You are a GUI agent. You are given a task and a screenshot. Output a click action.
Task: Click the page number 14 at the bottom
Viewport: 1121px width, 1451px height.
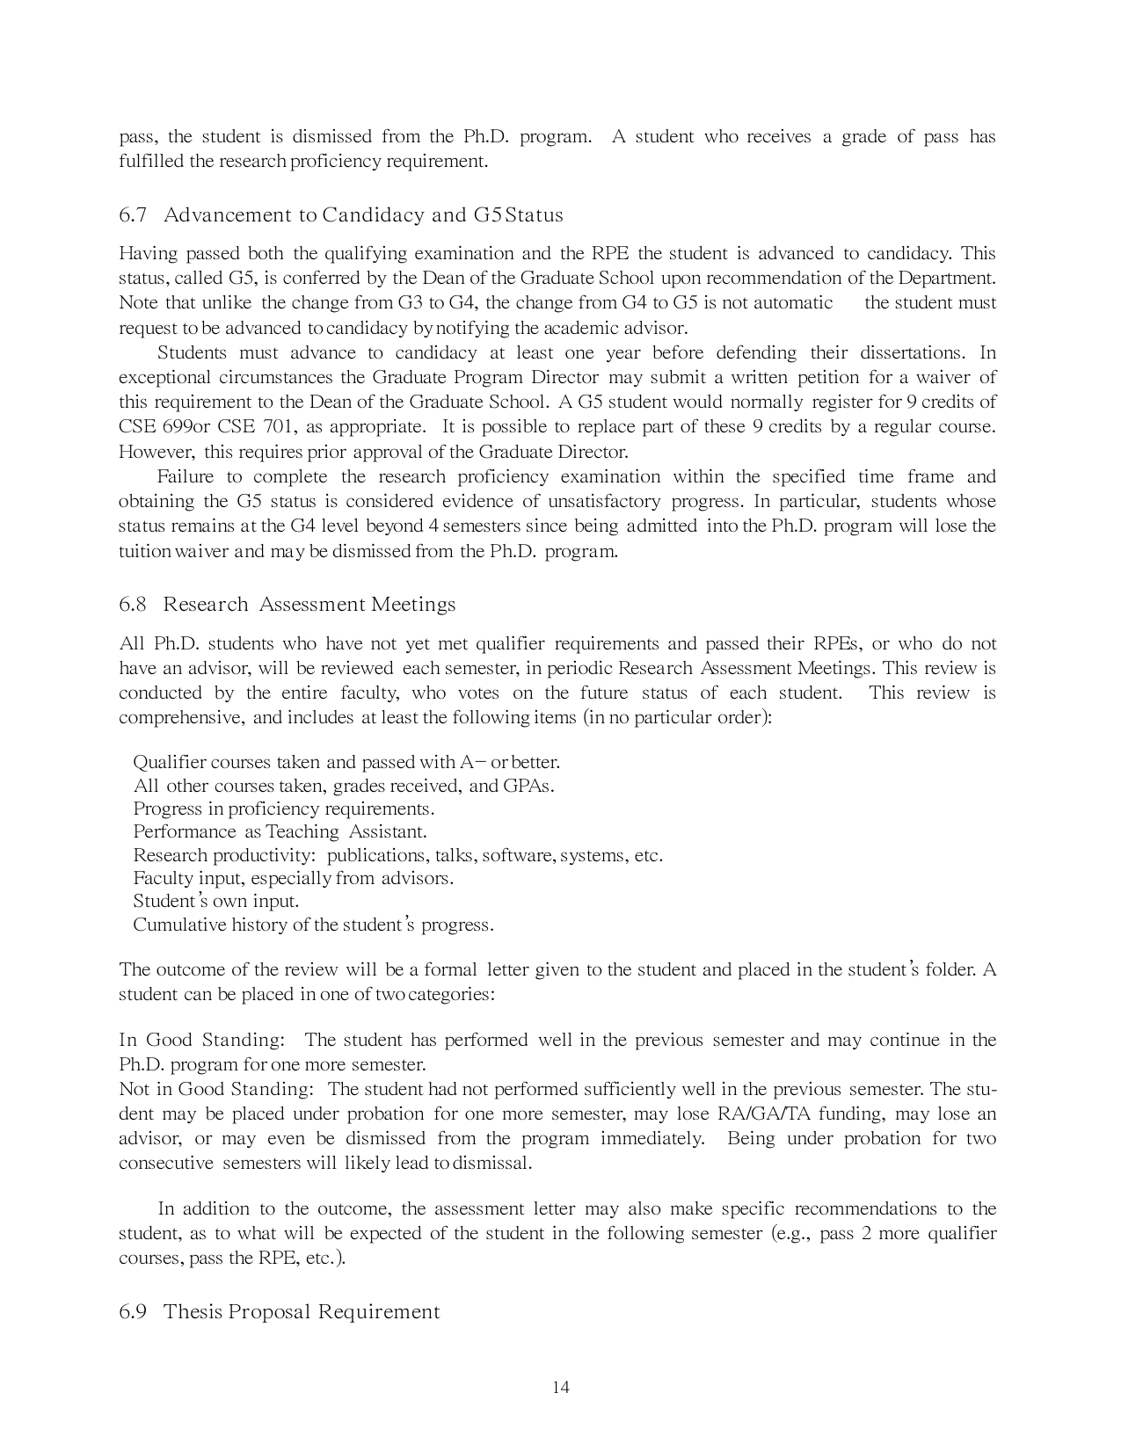point(560,1388)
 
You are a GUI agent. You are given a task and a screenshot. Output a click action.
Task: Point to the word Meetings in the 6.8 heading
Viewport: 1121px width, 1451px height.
point(413,605)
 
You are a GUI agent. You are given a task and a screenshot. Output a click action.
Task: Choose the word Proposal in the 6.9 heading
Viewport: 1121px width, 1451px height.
point(270,1312)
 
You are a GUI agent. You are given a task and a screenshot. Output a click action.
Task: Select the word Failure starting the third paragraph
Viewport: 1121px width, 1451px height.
point(185,477)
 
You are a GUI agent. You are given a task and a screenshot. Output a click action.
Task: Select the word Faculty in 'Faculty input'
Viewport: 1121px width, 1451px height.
point(157,878)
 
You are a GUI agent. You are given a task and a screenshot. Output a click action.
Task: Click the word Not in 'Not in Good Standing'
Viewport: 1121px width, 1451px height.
point(133,1090)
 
